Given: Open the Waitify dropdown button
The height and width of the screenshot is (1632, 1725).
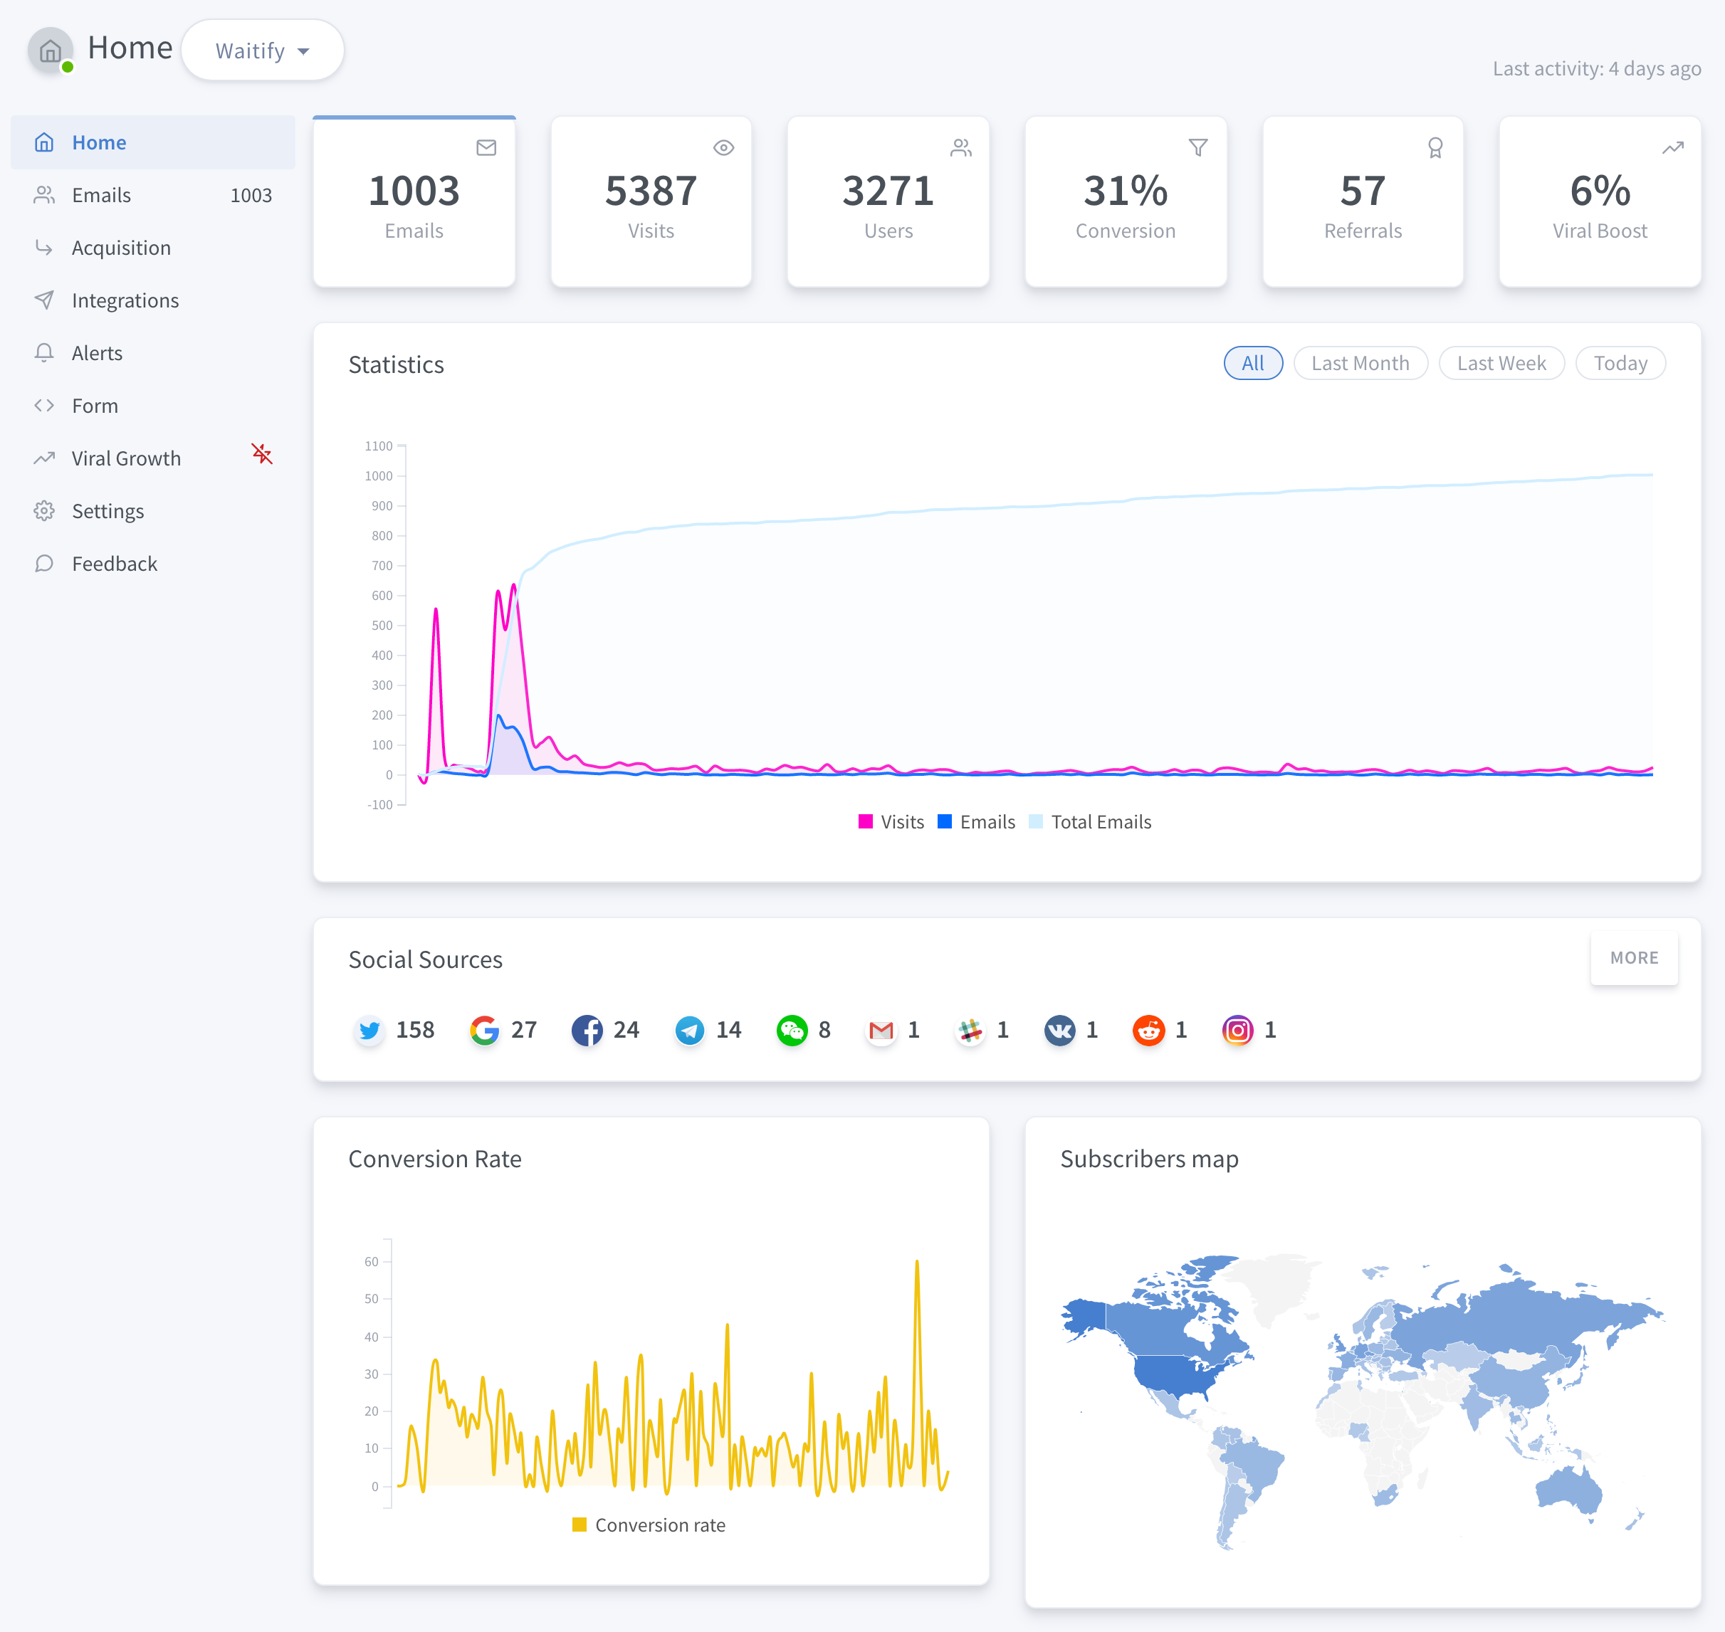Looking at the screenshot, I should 262,51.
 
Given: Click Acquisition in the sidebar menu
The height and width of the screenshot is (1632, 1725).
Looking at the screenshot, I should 121,248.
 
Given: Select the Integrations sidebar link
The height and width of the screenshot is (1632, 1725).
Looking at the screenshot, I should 125,300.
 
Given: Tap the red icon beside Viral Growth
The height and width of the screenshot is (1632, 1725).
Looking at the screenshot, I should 262,454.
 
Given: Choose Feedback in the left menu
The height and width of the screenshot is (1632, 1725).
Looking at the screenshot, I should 114,564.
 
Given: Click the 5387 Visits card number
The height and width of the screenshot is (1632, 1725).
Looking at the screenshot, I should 650,191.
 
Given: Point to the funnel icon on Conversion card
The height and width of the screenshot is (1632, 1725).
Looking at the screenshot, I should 1197,148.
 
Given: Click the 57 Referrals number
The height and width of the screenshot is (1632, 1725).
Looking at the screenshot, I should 1362,191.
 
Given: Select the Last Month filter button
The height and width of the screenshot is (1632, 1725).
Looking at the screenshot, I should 1360,363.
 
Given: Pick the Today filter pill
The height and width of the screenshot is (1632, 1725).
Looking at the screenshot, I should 1620,363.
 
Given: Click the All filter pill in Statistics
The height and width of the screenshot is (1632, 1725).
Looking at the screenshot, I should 1252,363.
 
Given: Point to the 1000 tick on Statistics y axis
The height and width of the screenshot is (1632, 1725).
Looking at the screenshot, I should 379,476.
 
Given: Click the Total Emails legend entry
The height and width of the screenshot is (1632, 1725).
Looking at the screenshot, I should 1100,822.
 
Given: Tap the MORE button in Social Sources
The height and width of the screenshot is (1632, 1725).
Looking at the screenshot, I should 1634,958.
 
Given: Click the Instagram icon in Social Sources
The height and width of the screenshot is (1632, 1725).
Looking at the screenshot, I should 1237,1030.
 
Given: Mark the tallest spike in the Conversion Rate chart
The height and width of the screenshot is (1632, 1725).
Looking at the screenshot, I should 916,1261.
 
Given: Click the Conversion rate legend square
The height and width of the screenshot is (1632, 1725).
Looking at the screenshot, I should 579,1525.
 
